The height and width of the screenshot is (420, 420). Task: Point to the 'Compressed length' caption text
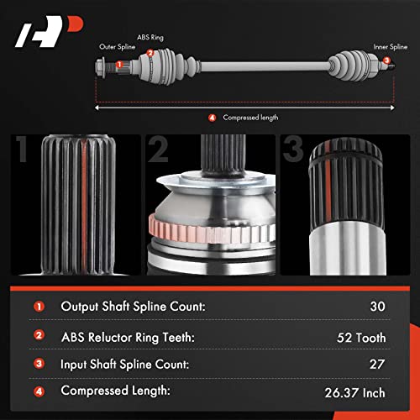click(x=246, y=117)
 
